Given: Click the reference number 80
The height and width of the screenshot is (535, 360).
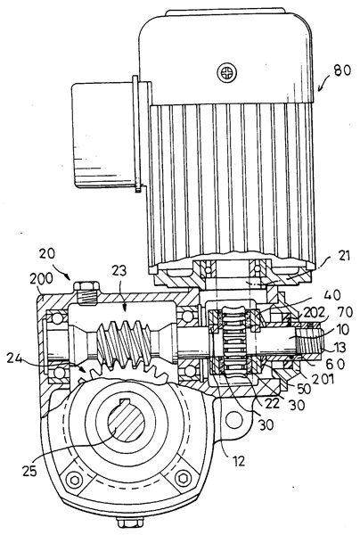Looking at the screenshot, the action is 342,70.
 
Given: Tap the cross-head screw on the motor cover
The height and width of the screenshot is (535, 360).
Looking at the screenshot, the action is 226,72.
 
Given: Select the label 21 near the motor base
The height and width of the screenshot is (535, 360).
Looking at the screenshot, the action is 343,256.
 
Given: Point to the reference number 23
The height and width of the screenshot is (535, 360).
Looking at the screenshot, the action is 119,271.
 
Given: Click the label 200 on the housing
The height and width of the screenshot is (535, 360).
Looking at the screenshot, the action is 41,279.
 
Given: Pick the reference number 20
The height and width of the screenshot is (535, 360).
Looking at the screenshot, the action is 47,254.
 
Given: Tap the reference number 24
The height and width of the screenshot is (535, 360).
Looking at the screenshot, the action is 15,358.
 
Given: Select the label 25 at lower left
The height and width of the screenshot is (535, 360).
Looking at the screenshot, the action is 30,472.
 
